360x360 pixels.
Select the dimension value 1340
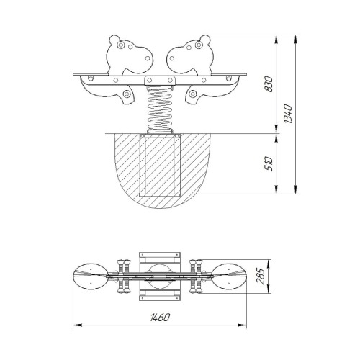(288, 114)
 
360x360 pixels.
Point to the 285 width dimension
(261, 276)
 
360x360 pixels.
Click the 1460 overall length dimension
(160, 318)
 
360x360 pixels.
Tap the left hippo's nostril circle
(148, 58)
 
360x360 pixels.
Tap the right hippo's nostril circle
(171, 58)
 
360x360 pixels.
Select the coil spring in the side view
(160, 109)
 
